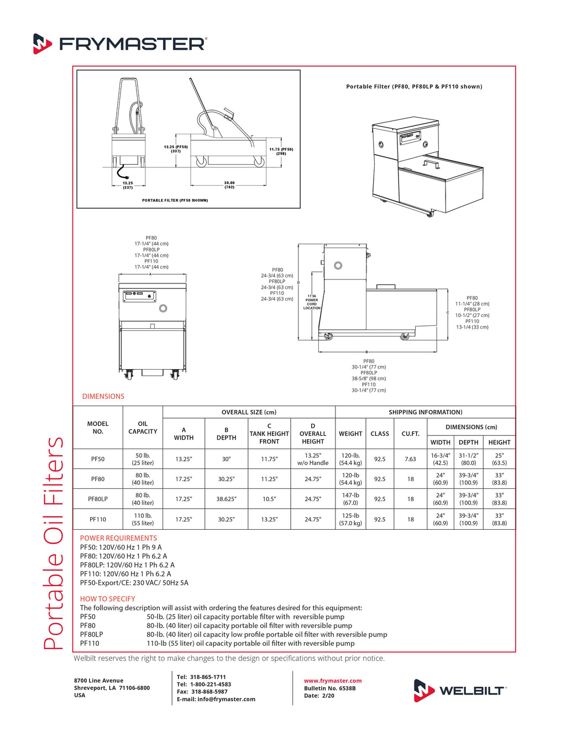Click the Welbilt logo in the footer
click(x=460, y=691)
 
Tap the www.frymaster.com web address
click(x=333, y=681)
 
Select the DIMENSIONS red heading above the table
click(x=103, y=396)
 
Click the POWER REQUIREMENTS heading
click(x=118, y=538)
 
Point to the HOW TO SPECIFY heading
click(x=107, y=599)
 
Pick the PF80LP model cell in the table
click(x=98, y=499)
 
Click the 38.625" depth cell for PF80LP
click(x=226, y=499)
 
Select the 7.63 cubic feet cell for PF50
click(x=410, y=459)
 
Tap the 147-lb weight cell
click(x=350, y=499)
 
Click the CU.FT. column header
click(x=410, y=434)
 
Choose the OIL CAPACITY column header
click(x=143, y=428)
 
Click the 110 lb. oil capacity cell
click(x=143, y=519)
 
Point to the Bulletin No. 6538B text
click(x=329, y=688)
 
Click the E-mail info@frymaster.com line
click(x=216, y=699)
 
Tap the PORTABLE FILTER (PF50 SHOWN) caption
click(x=175, y=201)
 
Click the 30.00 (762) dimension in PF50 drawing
click(x=229, y=185)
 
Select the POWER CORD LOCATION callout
click(x=312, y=302)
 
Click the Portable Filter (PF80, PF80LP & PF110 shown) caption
click(x=414, y=87)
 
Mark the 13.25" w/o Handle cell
click(x=313, y=459)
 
